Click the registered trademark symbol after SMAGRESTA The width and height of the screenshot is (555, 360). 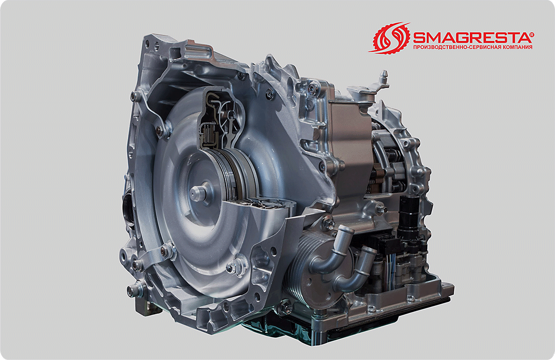[x=532, y=34]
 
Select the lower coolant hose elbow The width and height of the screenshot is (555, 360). [x=357, y=272]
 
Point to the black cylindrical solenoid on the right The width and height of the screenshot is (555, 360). [x=411, y=216]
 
